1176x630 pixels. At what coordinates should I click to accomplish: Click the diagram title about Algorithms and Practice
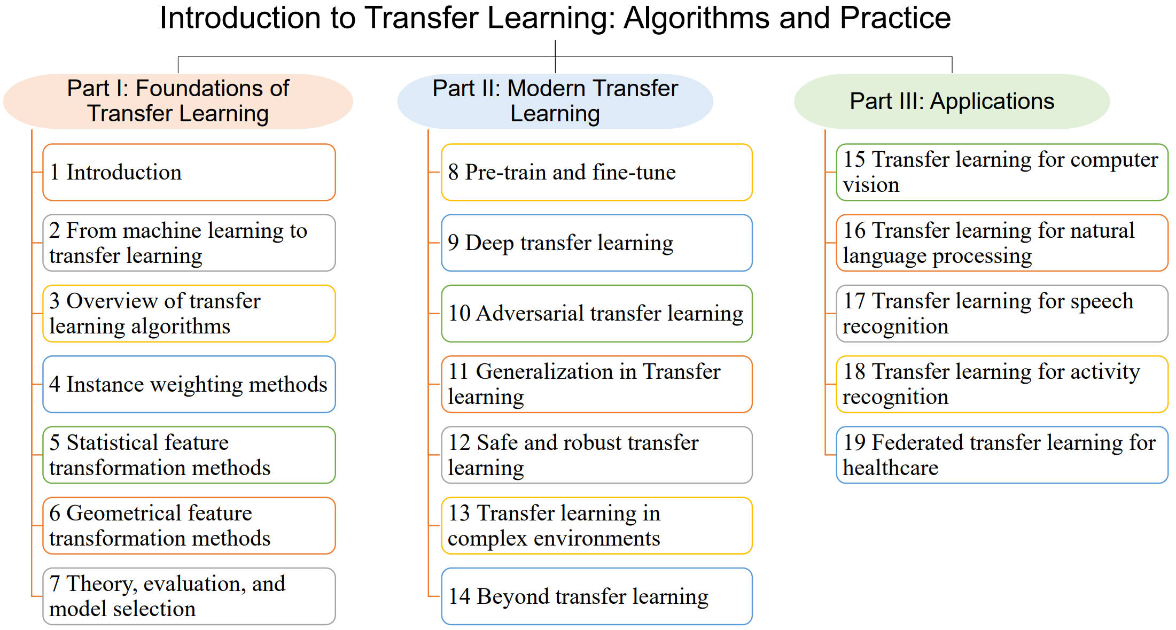[x=555, y=18]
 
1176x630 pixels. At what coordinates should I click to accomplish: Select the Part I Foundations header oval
[x=178, y=101]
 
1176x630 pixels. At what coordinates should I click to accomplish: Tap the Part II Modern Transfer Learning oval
[x=555, y=101]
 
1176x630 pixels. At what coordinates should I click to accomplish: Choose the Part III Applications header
[x=952, y=101]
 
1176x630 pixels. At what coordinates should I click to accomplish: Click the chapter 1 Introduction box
[x=189, y=172]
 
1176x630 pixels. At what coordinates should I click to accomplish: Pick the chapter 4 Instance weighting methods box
[x=189, y=384]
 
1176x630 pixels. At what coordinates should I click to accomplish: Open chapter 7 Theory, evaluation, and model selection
[x=189, y=596]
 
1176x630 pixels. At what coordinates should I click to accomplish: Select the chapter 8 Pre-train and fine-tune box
[x=597, y=172]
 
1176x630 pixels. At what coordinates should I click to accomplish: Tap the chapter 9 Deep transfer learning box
[x=597, y=243]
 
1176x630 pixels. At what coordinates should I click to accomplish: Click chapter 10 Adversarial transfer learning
[x=597, y=314]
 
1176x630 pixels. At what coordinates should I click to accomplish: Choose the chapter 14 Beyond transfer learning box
[x=597, y=596]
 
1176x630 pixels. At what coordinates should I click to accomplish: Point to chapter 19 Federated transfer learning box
[x=1002, y=455]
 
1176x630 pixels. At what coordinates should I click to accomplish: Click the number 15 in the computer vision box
[x=854, y=159]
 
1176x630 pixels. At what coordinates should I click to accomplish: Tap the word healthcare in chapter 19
[x=890, y=468]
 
